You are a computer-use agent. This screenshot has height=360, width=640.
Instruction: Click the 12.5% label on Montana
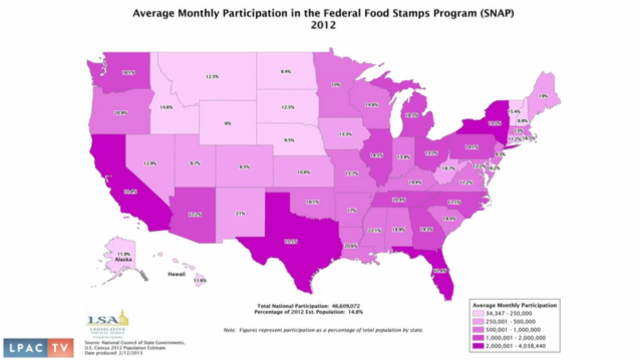point(212,77)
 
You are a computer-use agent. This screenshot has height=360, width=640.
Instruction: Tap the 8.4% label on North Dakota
point(286,72)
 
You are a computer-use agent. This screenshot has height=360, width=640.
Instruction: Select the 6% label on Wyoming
point(228,123)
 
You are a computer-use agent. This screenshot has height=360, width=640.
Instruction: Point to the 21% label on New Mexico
point(241,214)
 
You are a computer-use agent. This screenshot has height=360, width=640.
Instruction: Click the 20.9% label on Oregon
point(121,113)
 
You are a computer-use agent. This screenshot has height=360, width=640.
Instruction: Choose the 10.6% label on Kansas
point(303,172)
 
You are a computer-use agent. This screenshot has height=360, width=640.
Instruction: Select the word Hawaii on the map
point(177,274)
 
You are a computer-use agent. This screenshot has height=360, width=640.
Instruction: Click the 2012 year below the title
point(323,25)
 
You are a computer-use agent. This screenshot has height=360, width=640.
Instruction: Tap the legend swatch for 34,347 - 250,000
point(477,313)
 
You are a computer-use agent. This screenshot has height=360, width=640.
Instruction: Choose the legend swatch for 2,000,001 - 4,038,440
point(477,346)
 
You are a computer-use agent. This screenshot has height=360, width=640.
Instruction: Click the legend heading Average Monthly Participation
point(515,305)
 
